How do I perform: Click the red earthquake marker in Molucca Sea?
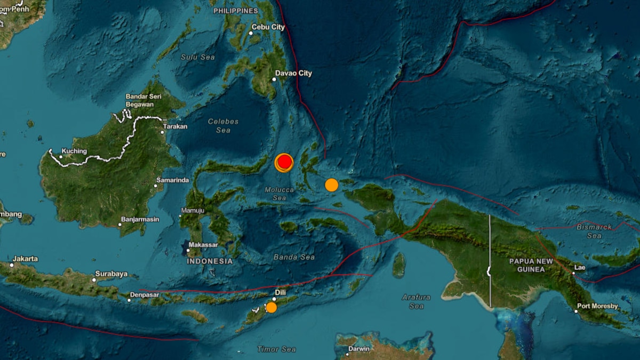click(x=285, y=162)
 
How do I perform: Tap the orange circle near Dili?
click(x=271, y=307)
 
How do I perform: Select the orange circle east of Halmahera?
click(x=332, y=185)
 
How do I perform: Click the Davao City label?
click(x=293, y=74)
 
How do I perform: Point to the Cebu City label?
click(x=270, y=33)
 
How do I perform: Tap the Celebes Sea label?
click(x=223, y=126)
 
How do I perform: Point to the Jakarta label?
click(x=26, y=259)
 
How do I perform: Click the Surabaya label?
click(x=112, y=274)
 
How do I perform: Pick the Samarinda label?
click(x=174, y=180)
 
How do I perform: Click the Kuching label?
click(x=74, y=151)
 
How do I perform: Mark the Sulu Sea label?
click(x=197, y=57)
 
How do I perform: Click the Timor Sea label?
click(x=276, y=349)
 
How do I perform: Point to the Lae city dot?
click(x=574, y=273)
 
